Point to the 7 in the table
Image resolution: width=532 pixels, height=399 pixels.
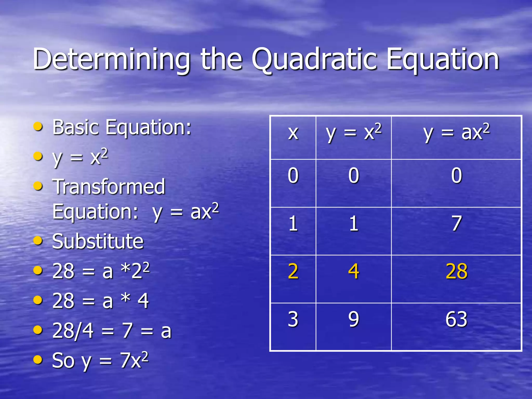456,224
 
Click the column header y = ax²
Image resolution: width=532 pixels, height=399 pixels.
456,133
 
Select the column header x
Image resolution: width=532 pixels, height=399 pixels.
293,133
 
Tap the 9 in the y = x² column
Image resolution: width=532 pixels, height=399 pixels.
354,319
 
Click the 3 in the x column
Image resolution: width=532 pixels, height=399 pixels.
293,319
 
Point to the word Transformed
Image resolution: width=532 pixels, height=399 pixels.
109,187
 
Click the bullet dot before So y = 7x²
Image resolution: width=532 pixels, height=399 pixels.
38,360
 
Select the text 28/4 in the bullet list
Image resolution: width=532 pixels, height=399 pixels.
73,331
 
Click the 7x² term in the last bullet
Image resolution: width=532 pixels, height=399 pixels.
134,360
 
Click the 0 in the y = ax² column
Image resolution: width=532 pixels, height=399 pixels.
456,176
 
